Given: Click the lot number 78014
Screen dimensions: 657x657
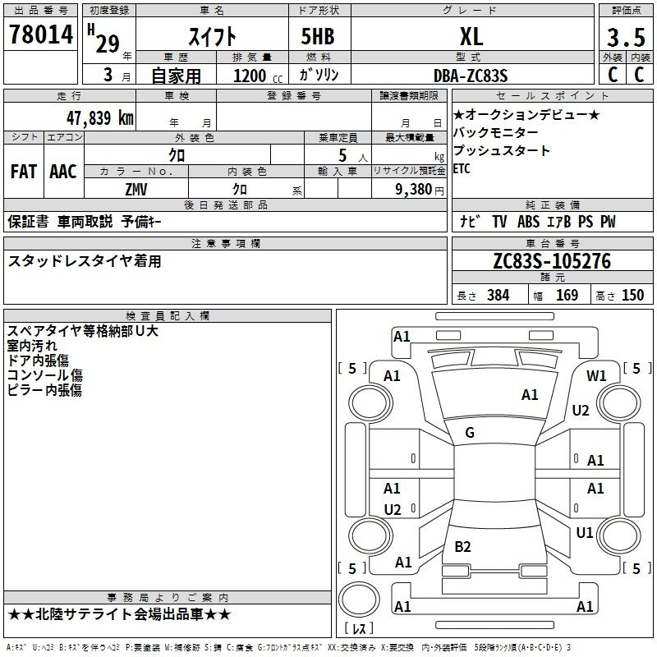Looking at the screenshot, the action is (41, 34).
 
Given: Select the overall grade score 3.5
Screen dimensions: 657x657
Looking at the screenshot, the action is (626, 37).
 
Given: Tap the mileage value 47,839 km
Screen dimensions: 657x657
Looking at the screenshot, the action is (99, 117).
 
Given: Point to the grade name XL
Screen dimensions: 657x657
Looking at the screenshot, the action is (471, 36).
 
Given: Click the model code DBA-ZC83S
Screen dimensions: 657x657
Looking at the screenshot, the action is (471, 76).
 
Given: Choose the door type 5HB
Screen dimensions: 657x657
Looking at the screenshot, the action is (318, 36).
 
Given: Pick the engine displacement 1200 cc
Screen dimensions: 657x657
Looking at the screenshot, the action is (258, 76).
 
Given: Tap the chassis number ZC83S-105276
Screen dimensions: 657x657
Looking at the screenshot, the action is (552, 261).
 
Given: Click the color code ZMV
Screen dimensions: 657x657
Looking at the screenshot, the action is (136, 190).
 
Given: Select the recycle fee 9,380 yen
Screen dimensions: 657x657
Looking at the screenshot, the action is (420, 190).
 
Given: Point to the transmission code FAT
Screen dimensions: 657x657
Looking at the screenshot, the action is (24, 172).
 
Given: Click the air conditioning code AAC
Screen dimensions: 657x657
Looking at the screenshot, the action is (63, 172).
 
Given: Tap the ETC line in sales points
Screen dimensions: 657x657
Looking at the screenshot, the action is (462, 168).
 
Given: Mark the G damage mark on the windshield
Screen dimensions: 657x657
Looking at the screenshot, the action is (470, 433).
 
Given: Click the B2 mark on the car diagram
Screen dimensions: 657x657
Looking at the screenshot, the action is (462, 546).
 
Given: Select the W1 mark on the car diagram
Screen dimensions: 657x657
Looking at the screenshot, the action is (596, 376).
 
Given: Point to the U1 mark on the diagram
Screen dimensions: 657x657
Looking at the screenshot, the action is (585, 532).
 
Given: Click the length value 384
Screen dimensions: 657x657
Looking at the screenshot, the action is (498, 295).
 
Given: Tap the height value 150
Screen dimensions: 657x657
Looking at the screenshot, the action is (632, 295).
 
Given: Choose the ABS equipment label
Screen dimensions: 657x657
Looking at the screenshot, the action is (528, 222).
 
